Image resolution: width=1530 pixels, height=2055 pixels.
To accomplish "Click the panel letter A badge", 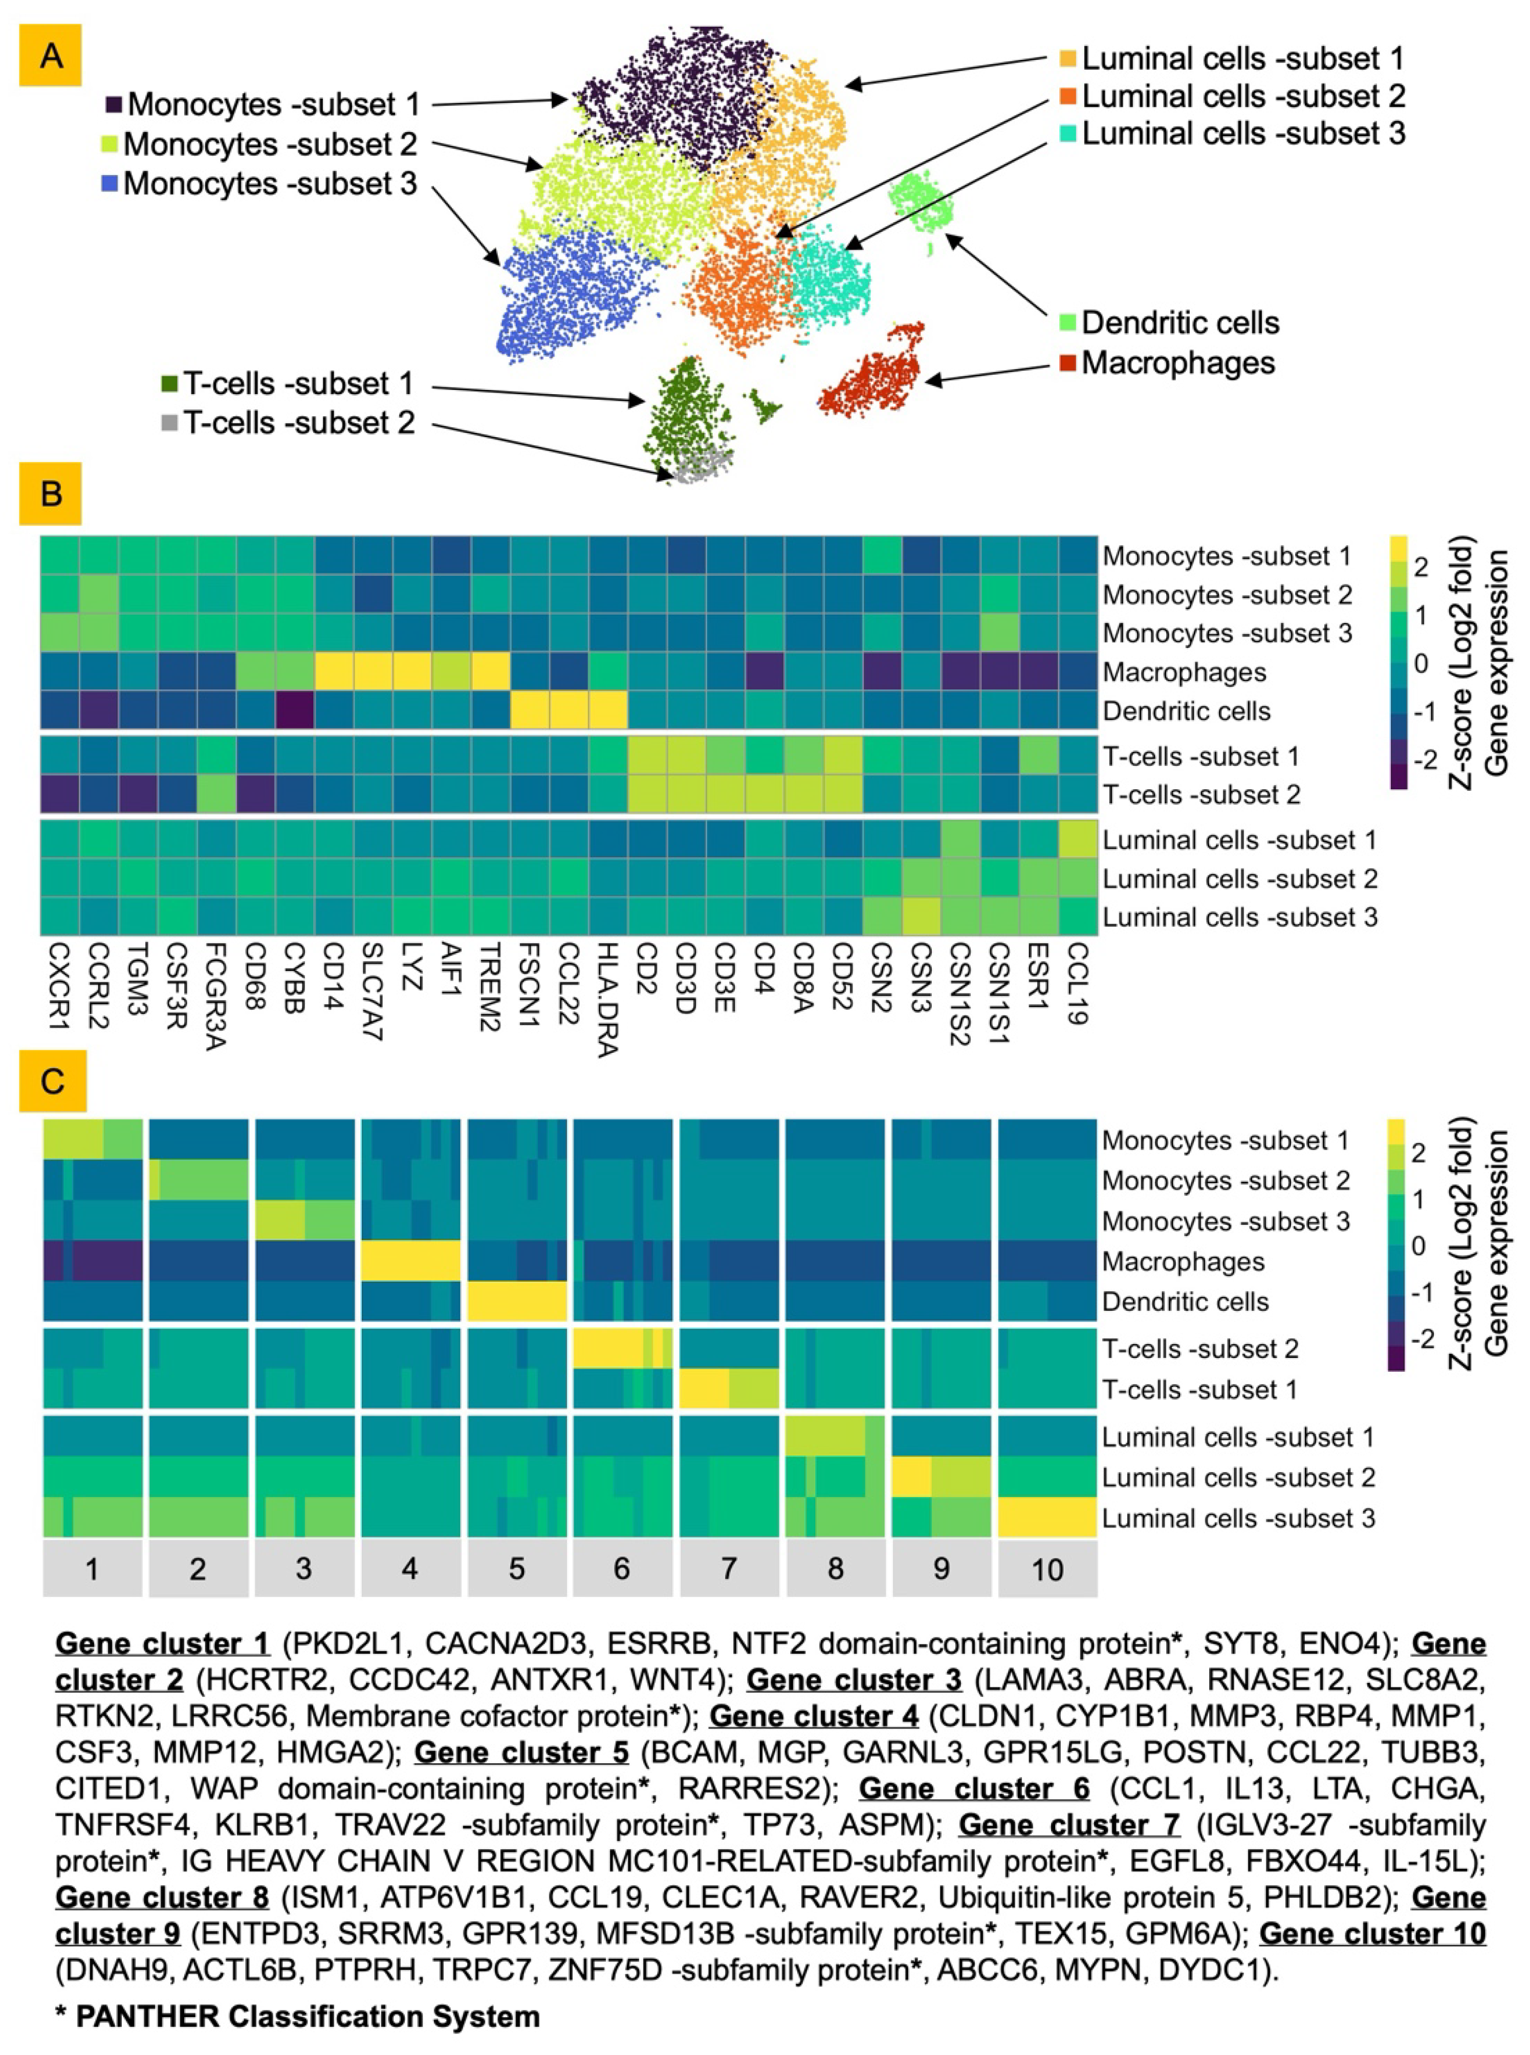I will (x=51, y=56).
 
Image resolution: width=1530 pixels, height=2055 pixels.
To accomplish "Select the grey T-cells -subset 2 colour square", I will (x=168, y=423).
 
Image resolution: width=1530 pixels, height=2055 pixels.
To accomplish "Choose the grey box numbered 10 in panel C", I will (x=1047, y=1569).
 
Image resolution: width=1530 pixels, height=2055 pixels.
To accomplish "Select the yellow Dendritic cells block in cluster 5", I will (x=517, y=1301).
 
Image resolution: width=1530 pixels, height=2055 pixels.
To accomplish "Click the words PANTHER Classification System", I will (x=308, y=2016).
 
